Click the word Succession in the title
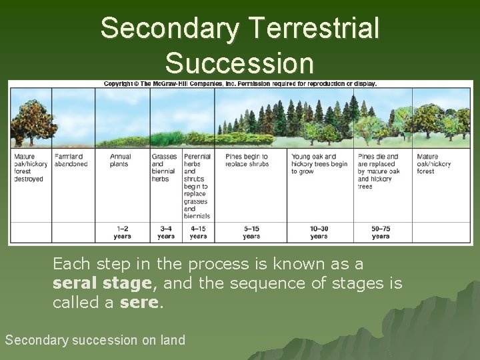pos(239,63)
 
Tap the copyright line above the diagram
pos(240,84)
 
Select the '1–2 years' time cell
pos(122,232)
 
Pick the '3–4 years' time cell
pos(166,232)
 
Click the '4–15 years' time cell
pos(198,232)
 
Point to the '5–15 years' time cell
pos(251,232)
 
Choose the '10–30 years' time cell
pos(319,232)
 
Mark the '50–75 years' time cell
pos(381,232)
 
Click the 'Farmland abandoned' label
pos(71,160)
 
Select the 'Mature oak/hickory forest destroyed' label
pos(29,167)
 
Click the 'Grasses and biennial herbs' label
pos(164,167)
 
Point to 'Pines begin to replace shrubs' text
pos(247,160)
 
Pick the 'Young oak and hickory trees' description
pos(319,164)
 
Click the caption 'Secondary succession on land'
pos(95,340)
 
